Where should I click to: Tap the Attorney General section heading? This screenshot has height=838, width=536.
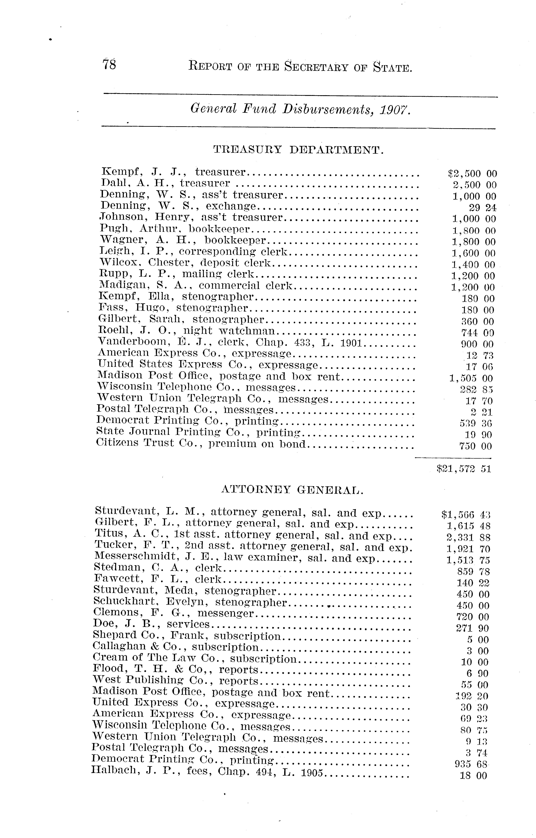click(292, 490)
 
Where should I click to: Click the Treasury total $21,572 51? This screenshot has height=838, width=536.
click(464, 469)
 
